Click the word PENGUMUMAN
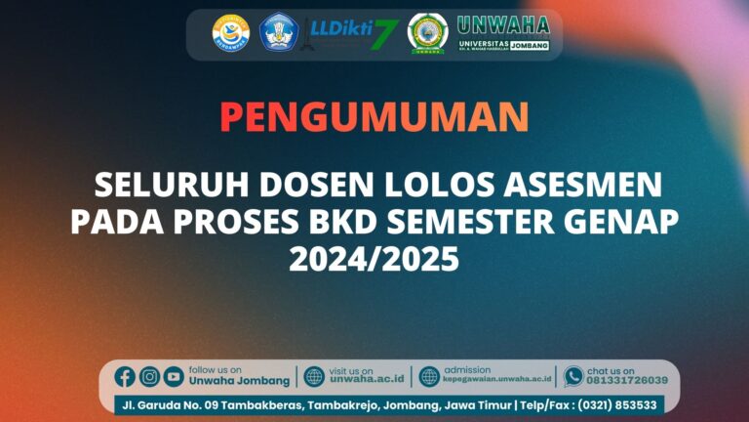coord(374,117)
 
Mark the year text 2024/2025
coord(374,260)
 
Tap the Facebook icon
coord(125,376)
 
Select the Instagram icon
coord(149,376)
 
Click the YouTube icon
coord(174,376)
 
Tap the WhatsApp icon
coord(573,376)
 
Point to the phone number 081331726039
coord(627,381)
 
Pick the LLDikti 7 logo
coord(350,33)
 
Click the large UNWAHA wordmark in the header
coord(502,25)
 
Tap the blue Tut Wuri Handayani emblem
coord(279,32)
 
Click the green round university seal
coord(426,32)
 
